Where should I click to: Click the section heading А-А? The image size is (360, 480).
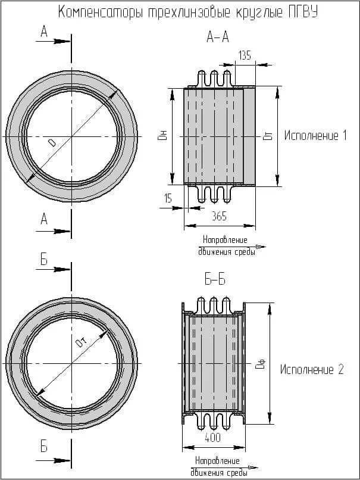pos(217,38)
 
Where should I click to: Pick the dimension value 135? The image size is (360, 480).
pos(245,55)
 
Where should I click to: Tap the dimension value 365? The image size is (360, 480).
pos(219,217)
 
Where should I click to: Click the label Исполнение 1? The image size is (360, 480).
pos(315,136)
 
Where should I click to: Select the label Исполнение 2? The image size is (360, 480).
pos(312,369)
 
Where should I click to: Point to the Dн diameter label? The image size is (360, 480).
pos(161,136)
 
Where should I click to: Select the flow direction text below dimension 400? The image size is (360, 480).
pos(218,467)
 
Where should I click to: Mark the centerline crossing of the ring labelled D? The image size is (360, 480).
pos(71,136)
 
